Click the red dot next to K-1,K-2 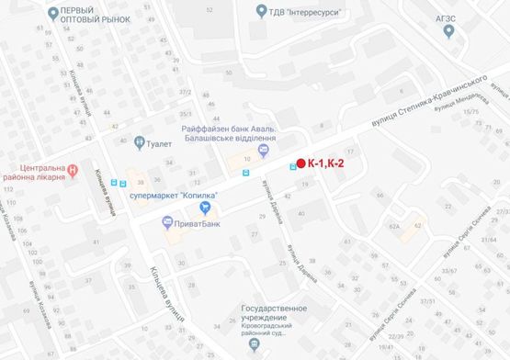300,163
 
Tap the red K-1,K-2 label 329,163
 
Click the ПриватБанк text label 194,221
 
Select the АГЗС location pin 448,30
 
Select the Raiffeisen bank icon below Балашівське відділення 263,151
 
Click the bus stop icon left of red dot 292,166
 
